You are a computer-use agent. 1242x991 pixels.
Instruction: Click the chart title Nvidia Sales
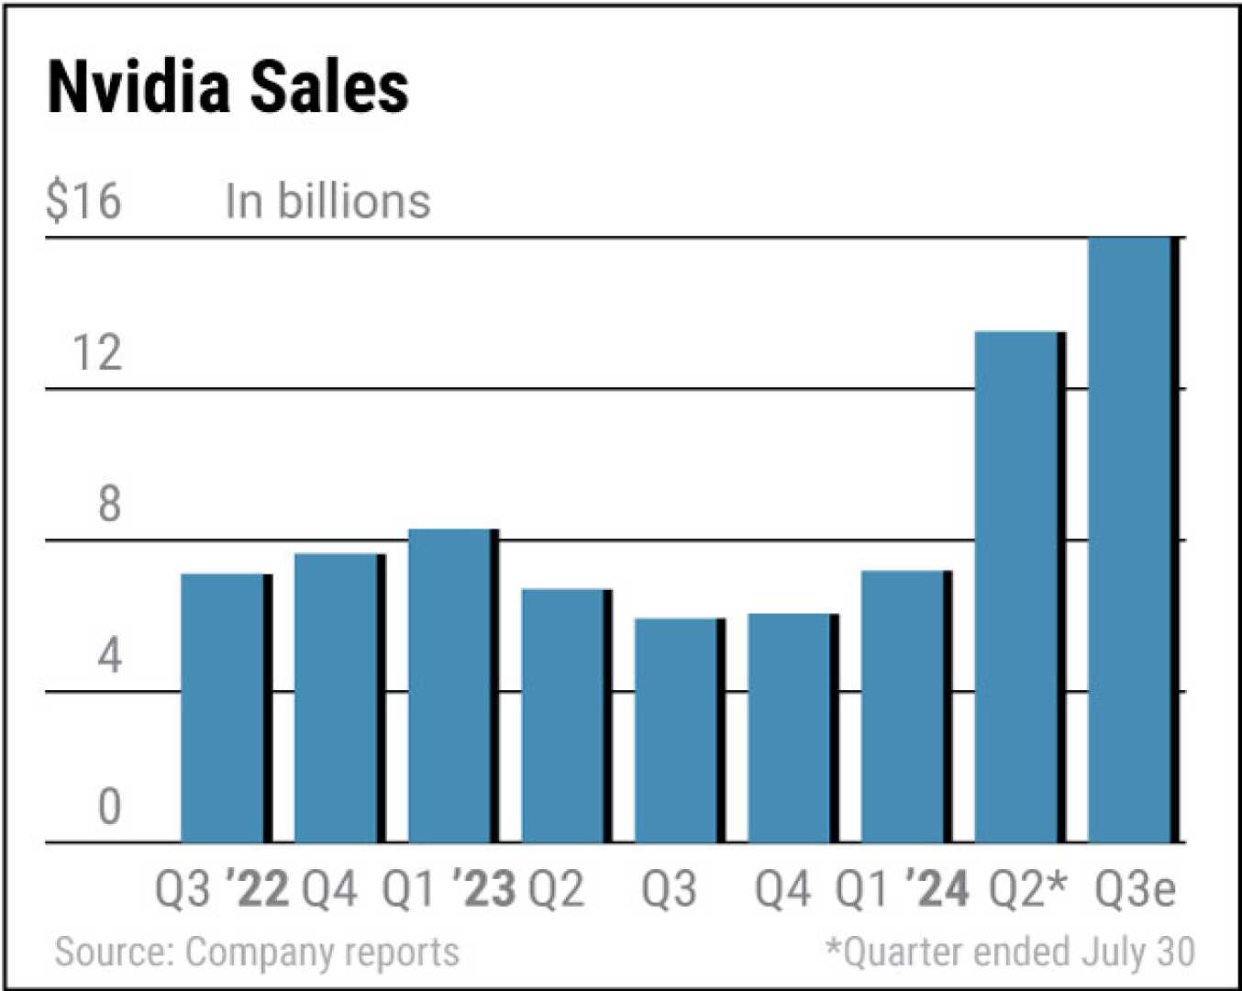click(x=227, y=88)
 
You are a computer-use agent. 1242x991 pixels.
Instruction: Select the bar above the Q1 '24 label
click(x=905, y=707)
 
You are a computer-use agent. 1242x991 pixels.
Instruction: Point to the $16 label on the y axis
click(x=83, y=201)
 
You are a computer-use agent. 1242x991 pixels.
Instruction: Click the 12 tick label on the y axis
click(x=96, y=352)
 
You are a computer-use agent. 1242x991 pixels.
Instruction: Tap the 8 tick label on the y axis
click(x=109, y=504)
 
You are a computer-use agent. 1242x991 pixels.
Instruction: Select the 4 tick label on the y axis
click(x=109, y=655)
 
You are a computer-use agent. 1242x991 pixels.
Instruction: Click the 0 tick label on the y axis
click(x=109, y=807)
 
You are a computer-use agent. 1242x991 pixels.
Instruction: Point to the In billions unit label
click(x=327, y=201)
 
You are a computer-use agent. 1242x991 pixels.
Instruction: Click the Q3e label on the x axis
click(x=1135, y=889)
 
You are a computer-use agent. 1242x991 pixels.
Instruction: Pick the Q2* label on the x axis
click(x=1028, y=889)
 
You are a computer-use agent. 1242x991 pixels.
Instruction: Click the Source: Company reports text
click(x=257, y=952)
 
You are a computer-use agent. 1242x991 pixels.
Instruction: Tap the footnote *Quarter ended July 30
click(x=1010, y=952)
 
